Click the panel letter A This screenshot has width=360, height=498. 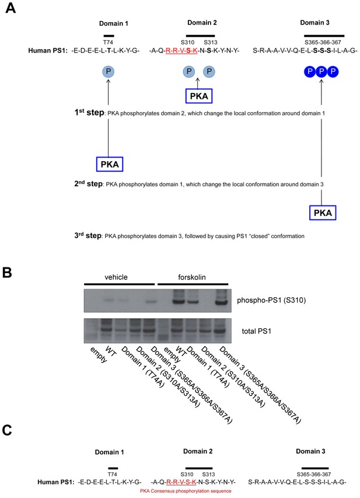(11, 8)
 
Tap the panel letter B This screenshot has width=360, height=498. (7, 273)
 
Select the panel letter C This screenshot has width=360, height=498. (7, 430)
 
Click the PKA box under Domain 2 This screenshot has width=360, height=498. (199, 96)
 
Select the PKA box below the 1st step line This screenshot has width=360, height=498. (110, 164)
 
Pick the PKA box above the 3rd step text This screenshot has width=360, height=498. (323, 213)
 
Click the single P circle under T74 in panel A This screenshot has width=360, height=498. (109, 71)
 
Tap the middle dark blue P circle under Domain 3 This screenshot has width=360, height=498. (321, 72)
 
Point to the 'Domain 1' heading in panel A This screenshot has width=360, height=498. (113, 23)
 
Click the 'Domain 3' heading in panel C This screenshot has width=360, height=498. (310, 451)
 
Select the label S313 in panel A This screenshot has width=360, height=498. (211, 42)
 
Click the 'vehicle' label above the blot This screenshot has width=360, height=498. (116, 277)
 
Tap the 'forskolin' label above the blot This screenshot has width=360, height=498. (192, 277)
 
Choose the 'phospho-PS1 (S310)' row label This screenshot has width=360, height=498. (271, 300)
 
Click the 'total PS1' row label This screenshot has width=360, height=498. (257, 331)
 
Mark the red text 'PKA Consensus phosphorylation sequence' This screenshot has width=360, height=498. (186, 491)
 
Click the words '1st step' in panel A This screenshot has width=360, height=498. (89, 113)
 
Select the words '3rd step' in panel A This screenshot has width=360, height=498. (88, 235)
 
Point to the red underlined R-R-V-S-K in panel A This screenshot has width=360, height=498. (181, 50)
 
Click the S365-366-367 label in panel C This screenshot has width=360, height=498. (314, 474)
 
